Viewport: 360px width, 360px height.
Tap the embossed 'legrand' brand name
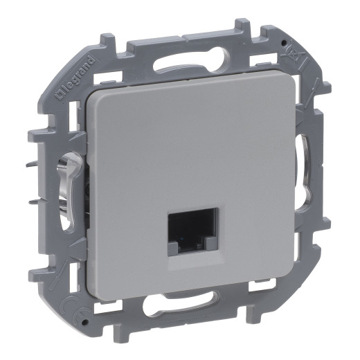70,75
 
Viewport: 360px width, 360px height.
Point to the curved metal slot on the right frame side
305,163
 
